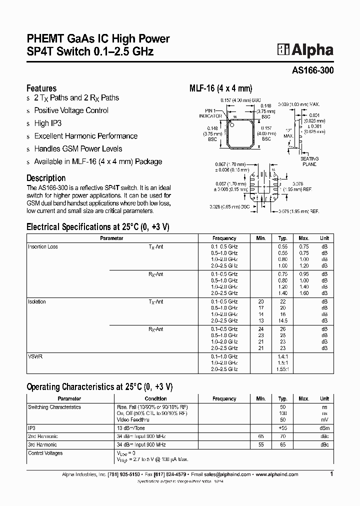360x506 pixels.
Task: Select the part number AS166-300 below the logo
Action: click(x=312, y=71)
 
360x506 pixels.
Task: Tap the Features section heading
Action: click(x=41, y=88)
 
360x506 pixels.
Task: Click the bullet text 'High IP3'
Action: click(x=48, y=123)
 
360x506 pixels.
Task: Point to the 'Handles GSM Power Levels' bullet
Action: click(x=78, y=148)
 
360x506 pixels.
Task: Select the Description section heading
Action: click(x=45, y=177)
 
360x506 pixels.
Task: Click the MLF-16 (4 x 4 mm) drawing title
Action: click(x=217, y=88)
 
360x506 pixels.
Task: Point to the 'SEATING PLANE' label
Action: click(x=309, y=161)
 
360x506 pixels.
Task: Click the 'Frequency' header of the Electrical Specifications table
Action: click(x=224, y=238)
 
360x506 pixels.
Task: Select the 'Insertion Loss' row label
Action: click(x=42, y=246)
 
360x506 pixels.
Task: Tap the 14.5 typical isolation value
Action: click(x=282, y=320)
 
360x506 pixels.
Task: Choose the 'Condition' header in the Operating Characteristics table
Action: click(x=155, y=398)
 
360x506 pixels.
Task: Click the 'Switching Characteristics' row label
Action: click(x=54, y=407)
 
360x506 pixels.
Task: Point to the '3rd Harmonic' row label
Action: click(x=42, y=444)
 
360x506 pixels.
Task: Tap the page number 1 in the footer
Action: click(x=331, y=474)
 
